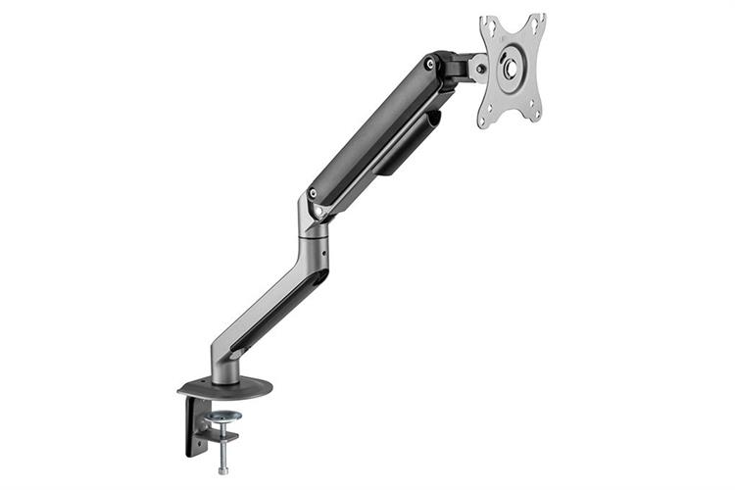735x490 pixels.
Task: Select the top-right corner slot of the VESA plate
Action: point(536,21)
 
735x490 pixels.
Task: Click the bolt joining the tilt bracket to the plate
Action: point(480,68)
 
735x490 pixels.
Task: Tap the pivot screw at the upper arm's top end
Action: point(429,65)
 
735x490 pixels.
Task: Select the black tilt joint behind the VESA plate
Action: point(456,69)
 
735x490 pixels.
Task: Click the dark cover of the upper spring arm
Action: point(372,127)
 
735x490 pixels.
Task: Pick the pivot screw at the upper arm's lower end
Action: point(313,193)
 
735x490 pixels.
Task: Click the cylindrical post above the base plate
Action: point(223,363)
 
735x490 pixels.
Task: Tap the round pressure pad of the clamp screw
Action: point(223,416)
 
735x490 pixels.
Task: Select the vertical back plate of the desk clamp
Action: point(188,426)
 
